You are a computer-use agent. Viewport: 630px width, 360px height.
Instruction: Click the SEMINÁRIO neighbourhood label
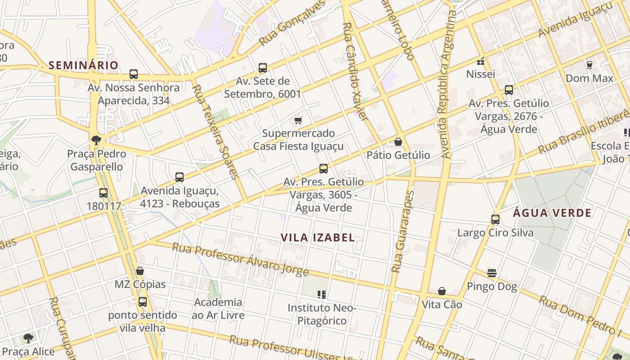(83, 65)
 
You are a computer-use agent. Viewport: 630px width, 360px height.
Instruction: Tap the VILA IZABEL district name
(318, 238)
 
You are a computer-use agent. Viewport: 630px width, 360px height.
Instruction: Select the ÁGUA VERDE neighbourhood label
(552, 213)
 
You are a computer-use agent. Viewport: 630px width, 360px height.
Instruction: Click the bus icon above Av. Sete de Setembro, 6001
(263, 68)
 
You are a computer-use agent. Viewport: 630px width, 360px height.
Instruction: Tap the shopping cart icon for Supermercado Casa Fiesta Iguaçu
(298, 120)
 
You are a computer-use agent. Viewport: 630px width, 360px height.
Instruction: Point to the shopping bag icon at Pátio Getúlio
(398, 142)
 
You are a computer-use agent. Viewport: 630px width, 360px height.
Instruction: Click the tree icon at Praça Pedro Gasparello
(95, 140)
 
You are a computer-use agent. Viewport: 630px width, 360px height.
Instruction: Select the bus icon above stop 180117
(103, 193)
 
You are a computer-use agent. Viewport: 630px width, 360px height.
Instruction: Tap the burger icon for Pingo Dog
(492, 273)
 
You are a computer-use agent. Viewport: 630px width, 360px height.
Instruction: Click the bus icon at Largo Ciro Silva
(495, 220)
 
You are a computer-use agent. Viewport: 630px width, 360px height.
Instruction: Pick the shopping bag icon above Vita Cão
(442, 291)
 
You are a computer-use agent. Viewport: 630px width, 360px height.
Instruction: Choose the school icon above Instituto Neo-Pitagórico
(322, 295)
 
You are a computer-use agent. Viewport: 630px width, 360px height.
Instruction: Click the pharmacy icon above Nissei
(481, 61)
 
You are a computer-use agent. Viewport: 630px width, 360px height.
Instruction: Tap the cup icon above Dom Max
(589, 65)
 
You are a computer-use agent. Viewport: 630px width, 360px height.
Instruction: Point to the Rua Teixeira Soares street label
(215, 131)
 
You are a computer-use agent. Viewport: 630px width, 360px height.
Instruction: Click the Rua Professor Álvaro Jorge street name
(240, 260)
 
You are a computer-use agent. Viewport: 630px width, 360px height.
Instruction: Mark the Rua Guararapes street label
(402, 232)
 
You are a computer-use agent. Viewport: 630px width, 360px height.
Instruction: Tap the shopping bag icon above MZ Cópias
(140, 271)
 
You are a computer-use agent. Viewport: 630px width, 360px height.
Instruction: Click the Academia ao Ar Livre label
(218, 308)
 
